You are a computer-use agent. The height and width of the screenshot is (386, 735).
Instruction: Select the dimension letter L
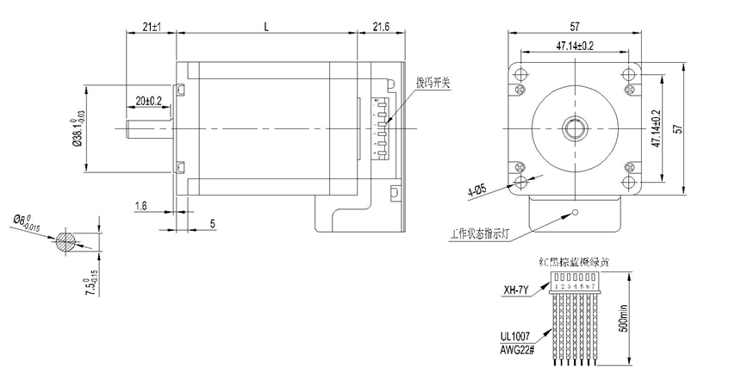265,28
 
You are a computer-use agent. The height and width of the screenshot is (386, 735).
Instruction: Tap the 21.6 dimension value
381,28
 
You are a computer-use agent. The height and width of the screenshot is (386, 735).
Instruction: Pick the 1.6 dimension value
140,205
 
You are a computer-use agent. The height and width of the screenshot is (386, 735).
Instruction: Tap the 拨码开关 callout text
433,84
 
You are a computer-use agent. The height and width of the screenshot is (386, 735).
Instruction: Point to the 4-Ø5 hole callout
477,190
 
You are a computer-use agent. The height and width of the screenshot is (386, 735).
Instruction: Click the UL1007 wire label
516,337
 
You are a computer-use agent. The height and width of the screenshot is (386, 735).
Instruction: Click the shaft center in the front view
573,128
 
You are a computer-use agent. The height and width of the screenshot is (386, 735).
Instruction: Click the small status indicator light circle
576,212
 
